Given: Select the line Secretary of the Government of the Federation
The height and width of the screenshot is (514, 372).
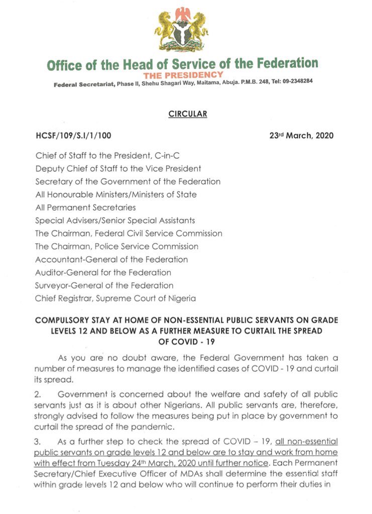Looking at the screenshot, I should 128,181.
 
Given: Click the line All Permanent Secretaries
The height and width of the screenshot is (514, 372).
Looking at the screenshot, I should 85,207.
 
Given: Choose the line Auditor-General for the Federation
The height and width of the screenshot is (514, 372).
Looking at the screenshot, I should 103,273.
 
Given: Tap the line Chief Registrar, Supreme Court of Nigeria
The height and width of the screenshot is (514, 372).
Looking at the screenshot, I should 115,299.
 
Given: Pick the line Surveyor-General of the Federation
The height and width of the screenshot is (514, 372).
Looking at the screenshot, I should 104,286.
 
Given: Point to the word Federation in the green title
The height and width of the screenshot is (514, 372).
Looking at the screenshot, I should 288,63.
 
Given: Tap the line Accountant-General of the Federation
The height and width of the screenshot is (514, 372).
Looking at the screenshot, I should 111,260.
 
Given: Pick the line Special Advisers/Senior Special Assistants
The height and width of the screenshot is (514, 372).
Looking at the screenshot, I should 115,220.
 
